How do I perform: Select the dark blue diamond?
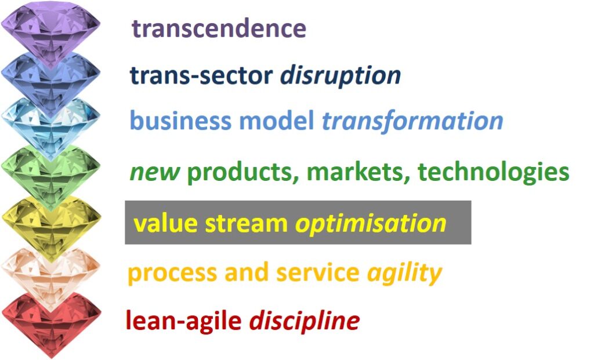(51, 81)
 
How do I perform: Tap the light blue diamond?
(51, 127)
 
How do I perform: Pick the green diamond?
(51, 176)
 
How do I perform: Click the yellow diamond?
(51, 227)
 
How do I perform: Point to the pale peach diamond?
(51, 274)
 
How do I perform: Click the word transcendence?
(219, 28)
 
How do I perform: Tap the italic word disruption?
(340, 77)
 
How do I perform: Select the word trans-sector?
(201, 75)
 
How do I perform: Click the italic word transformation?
(412, 121)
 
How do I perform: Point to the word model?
(277, 121)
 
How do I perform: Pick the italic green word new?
(154, 172)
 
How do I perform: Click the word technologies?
(493, 172)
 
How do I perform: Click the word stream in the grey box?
(246, 223)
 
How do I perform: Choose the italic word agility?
(404, 273)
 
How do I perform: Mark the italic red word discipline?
(304, 321)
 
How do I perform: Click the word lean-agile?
(184, 321)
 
